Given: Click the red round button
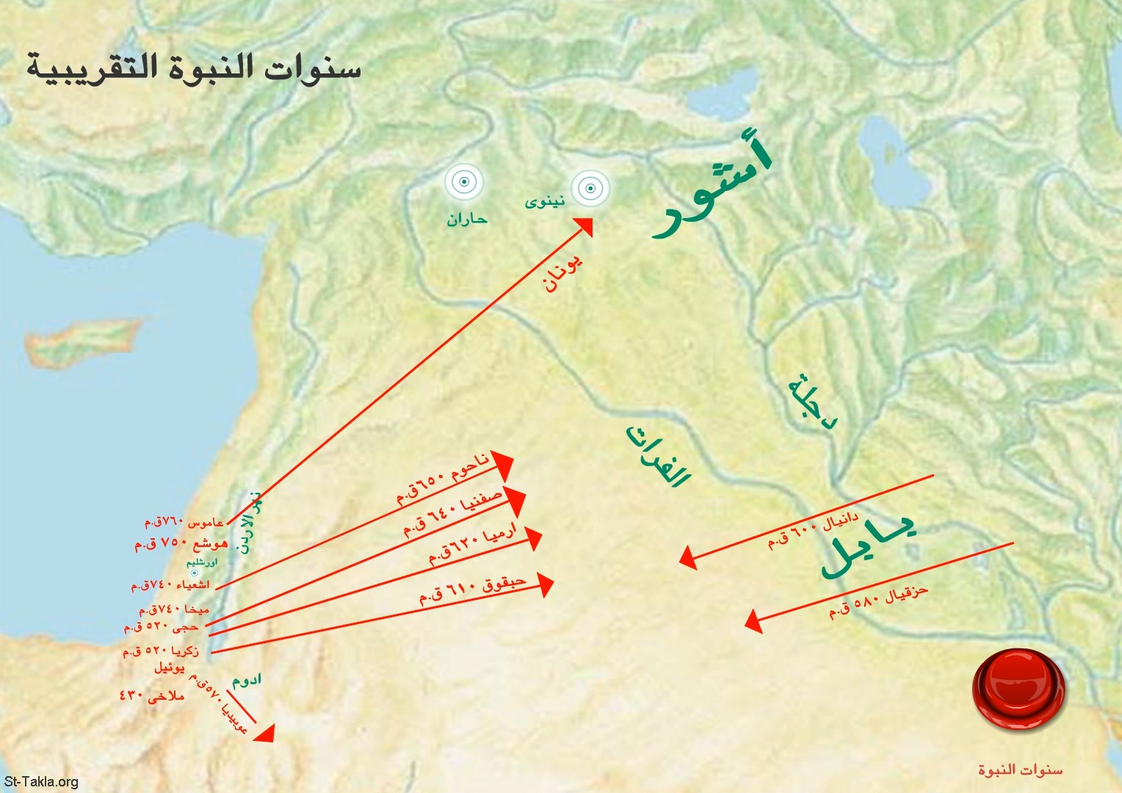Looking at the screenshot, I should [x=1018, y=689].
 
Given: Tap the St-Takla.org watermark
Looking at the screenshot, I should [x=40, y=781].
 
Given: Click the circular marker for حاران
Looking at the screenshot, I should [x=464, y=182].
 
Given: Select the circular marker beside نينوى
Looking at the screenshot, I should [x=590, y=189].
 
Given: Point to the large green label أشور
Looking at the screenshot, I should [x=712, y=187].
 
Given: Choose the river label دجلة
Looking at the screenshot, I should [x=812, y=402].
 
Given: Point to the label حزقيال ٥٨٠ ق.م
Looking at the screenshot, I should [x=878, y=603].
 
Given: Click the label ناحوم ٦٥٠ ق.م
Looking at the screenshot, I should [x=442, y=479].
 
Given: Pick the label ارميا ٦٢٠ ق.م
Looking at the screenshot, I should [x=472, y=544].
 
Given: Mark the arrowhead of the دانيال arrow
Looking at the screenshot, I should [x=687, y=558].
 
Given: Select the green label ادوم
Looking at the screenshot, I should [x=247, y=679].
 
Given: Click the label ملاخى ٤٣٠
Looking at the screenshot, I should [x=152, y=695].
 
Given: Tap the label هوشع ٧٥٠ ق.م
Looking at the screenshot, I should [x=181, y=545].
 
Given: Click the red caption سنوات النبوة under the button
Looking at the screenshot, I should [x=1019, y=770].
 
